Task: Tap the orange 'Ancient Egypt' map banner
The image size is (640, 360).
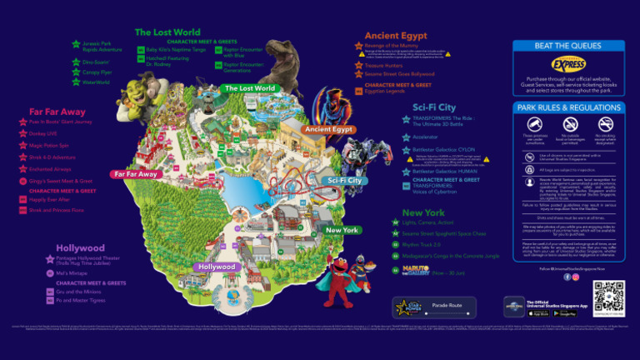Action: point(330,130)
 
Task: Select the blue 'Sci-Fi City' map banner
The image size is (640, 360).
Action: point(344,180)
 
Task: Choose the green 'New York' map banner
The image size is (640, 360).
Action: point(342,230)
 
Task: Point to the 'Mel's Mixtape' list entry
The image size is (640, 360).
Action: point(72,272)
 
